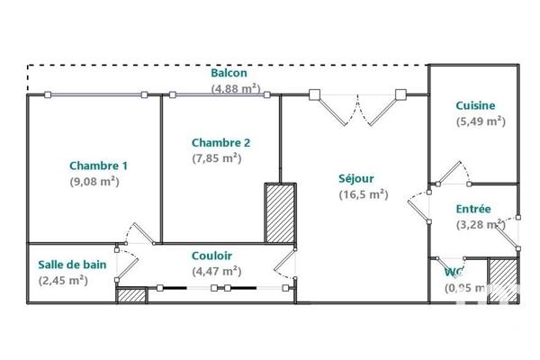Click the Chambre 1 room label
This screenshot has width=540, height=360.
pyautogui.click(x=99, y=166)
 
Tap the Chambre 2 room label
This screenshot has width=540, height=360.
pyautogui.click(x=220, y=142)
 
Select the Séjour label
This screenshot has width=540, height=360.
pyautogui.click(x=357, y=178)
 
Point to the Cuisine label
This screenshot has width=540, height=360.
pyautogui.click(x=475, y=105)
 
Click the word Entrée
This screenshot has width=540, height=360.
pyautogui.click(x=473, y=209)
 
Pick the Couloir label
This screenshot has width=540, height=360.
pyautogui.click(x=211, y=256)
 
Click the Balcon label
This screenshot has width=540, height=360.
pyautogui.click(x=229, y=73)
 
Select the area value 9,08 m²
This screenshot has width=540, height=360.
pyautogui.click(x=94, y=181)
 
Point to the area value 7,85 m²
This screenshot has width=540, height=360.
pyautogui.click(x=216, y=157)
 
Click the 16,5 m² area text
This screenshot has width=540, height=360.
pyautogui.click(x=363, y=193)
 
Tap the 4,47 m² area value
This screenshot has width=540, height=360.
pyautogui.click(x=216, y=270)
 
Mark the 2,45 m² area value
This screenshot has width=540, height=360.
pyautogui.click(x=62, y=280)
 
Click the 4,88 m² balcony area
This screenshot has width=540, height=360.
pyautogui.click(x=236, y=88)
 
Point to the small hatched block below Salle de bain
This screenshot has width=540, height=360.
pyautogui.click(x=131, y=294)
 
